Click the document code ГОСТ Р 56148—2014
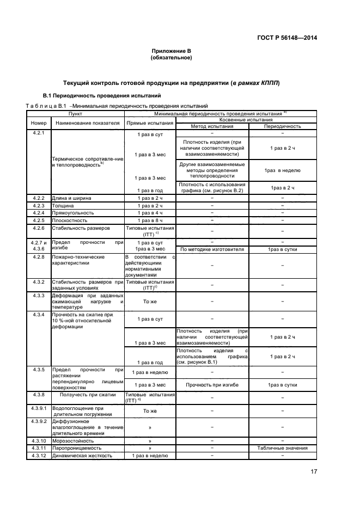286,38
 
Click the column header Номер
38,123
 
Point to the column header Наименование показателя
87,123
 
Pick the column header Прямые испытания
150,123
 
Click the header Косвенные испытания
245,120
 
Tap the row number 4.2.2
38,198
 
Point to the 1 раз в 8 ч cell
150,220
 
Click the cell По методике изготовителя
212,249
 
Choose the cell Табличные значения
283,448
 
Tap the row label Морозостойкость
72,440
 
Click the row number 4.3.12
38,456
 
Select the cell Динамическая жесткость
82,456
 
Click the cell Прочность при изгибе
212,384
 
